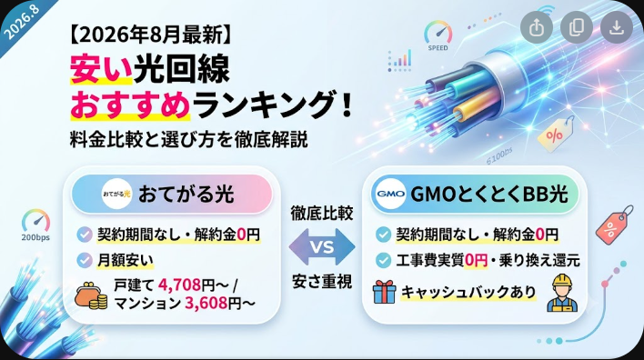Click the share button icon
tap(537, 27)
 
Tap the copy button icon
tap(576, 27)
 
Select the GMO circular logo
tap(390, 194)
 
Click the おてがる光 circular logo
tap(116, 194)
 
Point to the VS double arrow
tap(322, 247)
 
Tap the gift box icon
tap(384, 292)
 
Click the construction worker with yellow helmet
tap(562, 293)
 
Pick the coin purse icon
tap(91, 295)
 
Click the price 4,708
tap(179, 284)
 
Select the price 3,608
tap(206, 303)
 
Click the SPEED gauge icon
tap(438, 35)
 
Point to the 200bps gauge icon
tap(35, 225)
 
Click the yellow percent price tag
tap(556, 134)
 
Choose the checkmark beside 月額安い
tap(85, 260)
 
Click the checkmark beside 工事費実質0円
tap(383, 260)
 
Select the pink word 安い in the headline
tap(101, 68)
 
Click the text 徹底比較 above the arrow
tap(322, 214)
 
